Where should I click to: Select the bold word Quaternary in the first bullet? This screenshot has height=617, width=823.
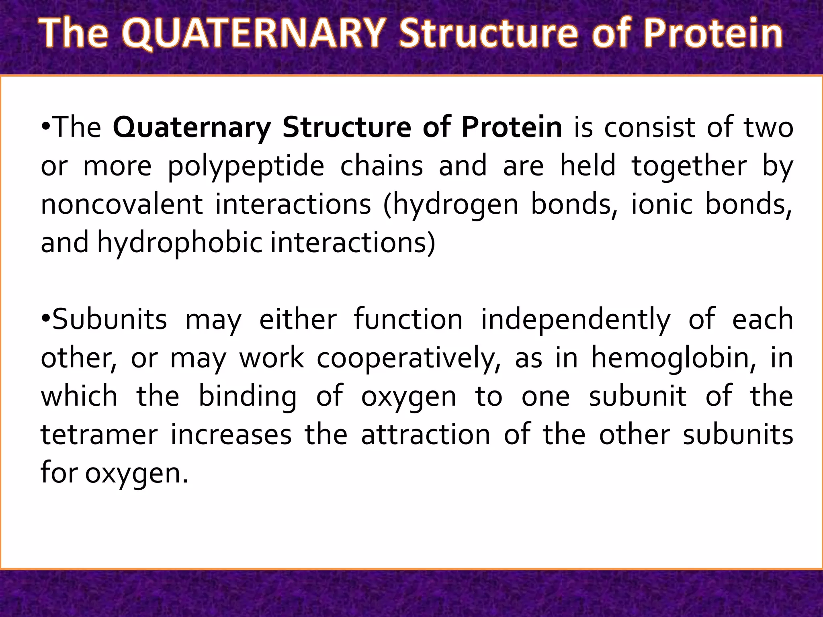(192, 128)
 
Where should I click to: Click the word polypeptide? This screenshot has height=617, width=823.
(246, 166)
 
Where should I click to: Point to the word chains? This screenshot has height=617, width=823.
(381, 166)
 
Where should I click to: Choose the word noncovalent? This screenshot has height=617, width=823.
(122, 204)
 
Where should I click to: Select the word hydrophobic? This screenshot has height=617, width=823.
(180, 243)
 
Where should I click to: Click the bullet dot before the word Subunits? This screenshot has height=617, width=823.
(46, 319)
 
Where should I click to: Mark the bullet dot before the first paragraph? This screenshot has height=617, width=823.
(46, 128)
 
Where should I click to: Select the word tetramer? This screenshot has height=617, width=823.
(99, 435)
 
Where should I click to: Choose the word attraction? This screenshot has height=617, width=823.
(426, 435)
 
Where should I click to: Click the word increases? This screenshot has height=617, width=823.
(231, 435)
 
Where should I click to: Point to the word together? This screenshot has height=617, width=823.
(689, 166)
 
